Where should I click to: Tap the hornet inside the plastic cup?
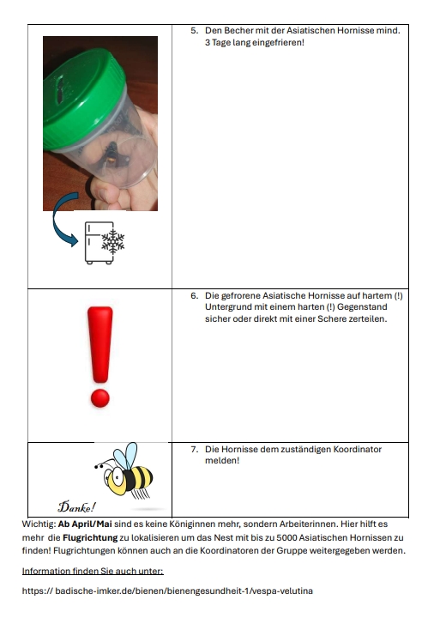(x=112, y=156)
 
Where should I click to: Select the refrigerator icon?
(x=99, y=243)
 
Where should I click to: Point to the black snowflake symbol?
(x=113, y=241)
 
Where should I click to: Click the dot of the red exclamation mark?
(x=99, y=398)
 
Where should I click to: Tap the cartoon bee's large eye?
(x=117, y=475)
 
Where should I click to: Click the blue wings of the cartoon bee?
(x=125, y=456)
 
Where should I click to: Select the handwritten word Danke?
(x=77, y=506)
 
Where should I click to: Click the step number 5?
(x=194, y=31)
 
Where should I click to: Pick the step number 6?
(x=194, y=295)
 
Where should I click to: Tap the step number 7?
(x=194, y=449)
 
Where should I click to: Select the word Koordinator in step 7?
(x=357, y=449)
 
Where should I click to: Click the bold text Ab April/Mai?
(x=85, y=524)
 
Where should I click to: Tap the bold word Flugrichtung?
(x=90, y=538)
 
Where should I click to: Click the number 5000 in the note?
(x=286, y=537)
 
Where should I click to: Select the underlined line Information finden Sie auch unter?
(x=93, y=571)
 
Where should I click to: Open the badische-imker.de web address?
(x=167, y=591)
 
